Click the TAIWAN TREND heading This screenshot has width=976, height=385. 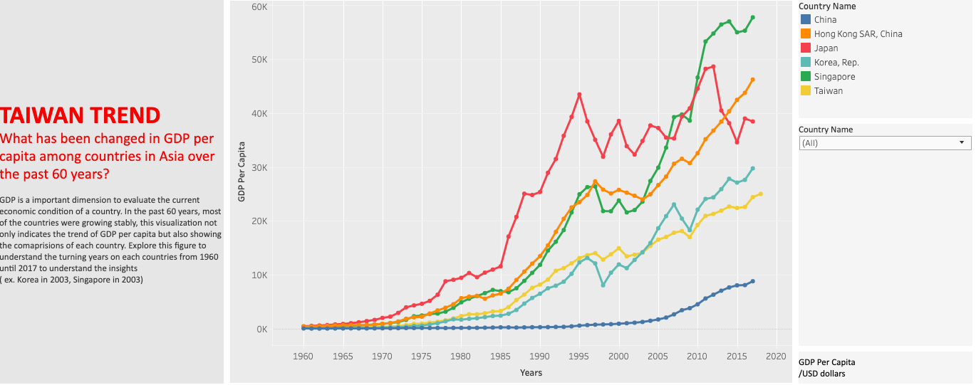[x=81, y=115]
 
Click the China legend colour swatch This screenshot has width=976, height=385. [x=805, y=20]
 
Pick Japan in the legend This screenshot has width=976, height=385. [x=826, y=48]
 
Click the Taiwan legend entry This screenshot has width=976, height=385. [x=828, y=91]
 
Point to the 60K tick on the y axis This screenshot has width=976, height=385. [x=259, y=6]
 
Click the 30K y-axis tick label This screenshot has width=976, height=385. [x=259, y=168]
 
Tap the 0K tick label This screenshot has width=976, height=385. [x=261, y=329]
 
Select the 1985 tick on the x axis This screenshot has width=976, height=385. [x=501, y=356]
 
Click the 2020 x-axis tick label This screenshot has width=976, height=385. [x=777, y=356]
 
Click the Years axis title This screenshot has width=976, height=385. [x=531, y=373]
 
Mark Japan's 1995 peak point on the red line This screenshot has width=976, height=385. [x=579, y=95]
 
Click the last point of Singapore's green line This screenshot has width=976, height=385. [x=753, y=18]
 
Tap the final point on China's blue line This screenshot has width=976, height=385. [x=753, y=281]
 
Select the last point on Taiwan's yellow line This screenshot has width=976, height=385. [x=761, y=194]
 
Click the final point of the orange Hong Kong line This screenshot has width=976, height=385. [x=753, y=80]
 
